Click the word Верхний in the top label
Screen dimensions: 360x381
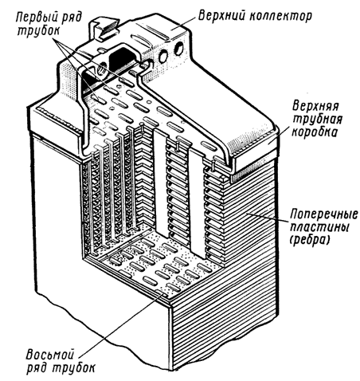[x=222, y=16]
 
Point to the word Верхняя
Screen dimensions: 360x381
[x=315, y=106]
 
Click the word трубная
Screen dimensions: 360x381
[x=317, y=120]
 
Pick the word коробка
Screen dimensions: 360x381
[x=315, y=132]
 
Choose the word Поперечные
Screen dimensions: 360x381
[x=324, y=214]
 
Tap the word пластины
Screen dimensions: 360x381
[x=319, y=227]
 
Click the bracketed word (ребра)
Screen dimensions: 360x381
[x=310, y=241]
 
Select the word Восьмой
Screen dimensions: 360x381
[x=50, y=355]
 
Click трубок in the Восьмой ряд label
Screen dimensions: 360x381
[x=72, y=368]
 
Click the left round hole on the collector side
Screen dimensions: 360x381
[x=163, y=57]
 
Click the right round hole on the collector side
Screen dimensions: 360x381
[x=180, y=48]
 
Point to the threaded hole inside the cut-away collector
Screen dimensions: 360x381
[x=101, y=69]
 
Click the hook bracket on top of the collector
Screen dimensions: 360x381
[x=104, y=29]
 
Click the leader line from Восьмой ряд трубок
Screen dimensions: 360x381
[x=121, y=324]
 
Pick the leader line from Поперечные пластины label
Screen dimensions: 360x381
[x=268, y=217]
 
